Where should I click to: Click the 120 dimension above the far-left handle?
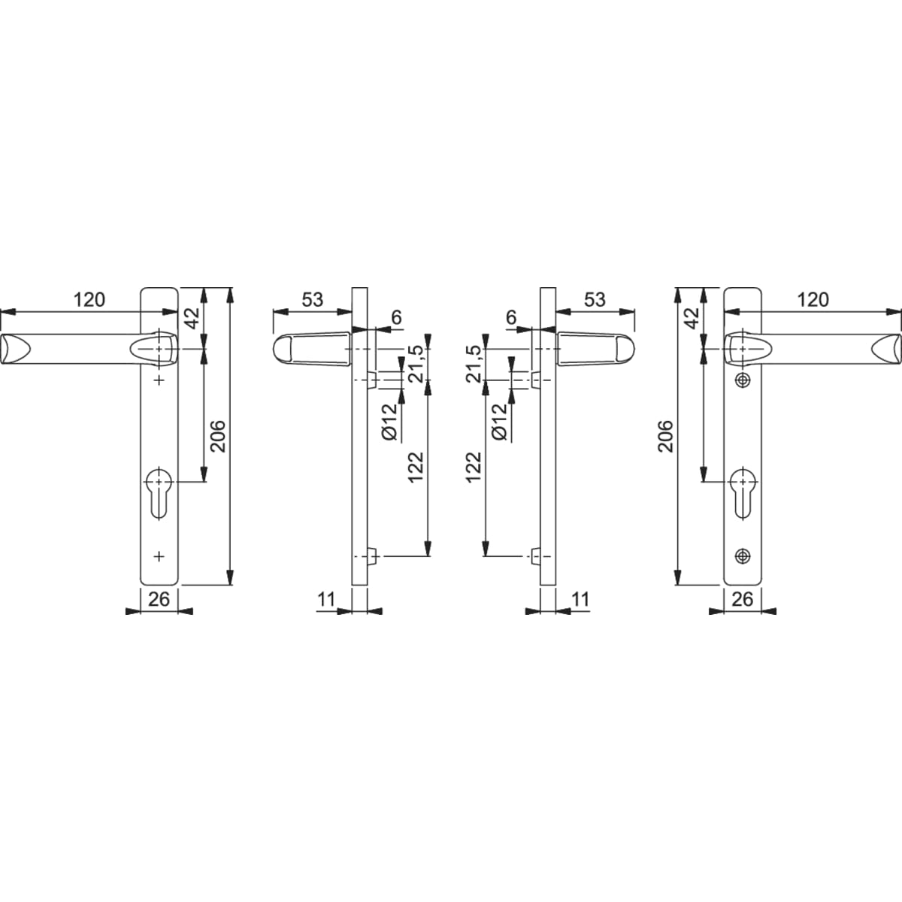tap(89, 300)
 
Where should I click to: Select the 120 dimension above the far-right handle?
tap(813, 300)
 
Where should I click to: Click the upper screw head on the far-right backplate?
tap(743, 380)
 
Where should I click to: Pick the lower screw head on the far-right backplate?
tap(743, 556)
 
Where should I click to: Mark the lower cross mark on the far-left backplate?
tap(159, 556)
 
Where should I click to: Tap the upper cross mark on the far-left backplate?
tap(159, 380)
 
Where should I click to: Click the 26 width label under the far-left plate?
tap(159, 599)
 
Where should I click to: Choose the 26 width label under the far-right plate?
tap(743, 599)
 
